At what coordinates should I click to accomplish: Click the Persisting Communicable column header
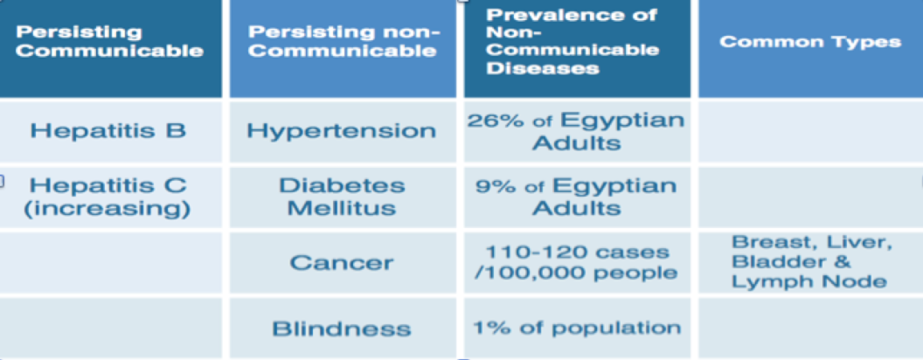click(x=110, y=48)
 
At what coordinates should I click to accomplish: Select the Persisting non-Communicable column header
click(x=343, y=48)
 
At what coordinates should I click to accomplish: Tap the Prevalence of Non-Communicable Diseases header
click(x=577, y=48)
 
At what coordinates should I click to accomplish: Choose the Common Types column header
click(x=810, y=48)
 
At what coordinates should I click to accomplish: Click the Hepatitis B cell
click(x=110, y=131)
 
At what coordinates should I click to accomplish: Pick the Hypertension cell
click(x=343, y=131)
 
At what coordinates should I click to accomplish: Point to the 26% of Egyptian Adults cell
click(x=577, y=131)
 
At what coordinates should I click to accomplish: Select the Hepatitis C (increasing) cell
click(x=110, y=197)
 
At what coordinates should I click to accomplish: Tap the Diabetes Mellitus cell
click(x=343, y=197)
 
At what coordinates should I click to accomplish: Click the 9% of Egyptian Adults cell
click(x=577, y=197)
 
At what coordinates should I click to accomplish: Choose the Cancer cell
click(x=343, y=262)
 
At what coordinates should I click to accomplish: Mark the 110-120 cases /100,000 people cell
click(x=577, y=262)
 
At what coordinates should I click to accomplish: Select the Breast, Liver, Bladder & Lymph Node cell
click(x=810, y=262)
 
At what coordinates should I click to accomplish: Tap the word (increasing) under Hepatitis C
click(x=108, y=210)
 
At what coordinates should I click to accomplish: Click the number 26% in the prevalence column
click(x=491, y=121)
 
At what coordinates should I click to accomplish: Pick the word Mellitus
click(x=342, y=208)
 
